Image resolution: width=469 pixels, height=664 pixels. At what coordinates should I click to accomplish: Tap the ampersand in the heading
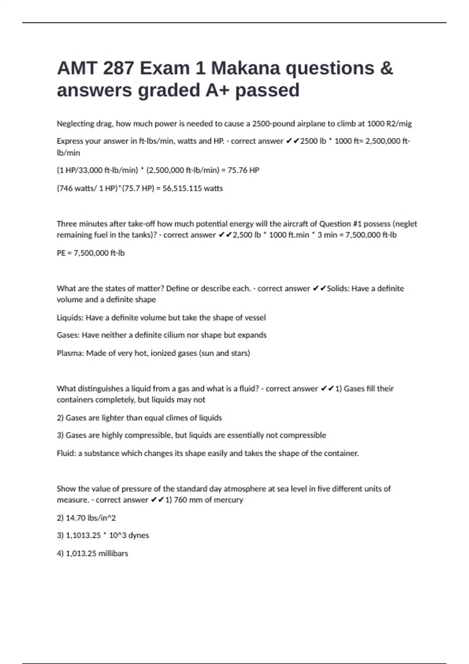tap(386, 68)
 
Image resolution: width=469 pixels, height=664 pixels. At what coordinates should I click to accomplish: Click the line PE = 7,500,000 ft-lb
tap(91, 253)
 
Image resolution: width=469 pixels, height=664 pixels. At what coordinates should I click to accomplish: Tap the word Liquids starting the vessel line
tap(70, 318)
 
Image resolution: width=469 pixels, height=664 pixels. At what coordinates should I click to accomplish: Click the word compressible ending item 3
tap(303, 435)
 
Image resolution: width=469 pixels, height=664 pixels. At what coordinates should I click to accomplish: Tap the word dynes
tap(138, 535)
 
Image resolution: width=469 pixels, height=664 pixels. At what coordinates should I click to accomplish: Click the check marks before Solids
tap(319, 289)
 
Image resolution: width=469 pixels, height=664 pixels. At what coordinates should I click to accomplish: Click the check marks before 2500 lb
tap(292, 141)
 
